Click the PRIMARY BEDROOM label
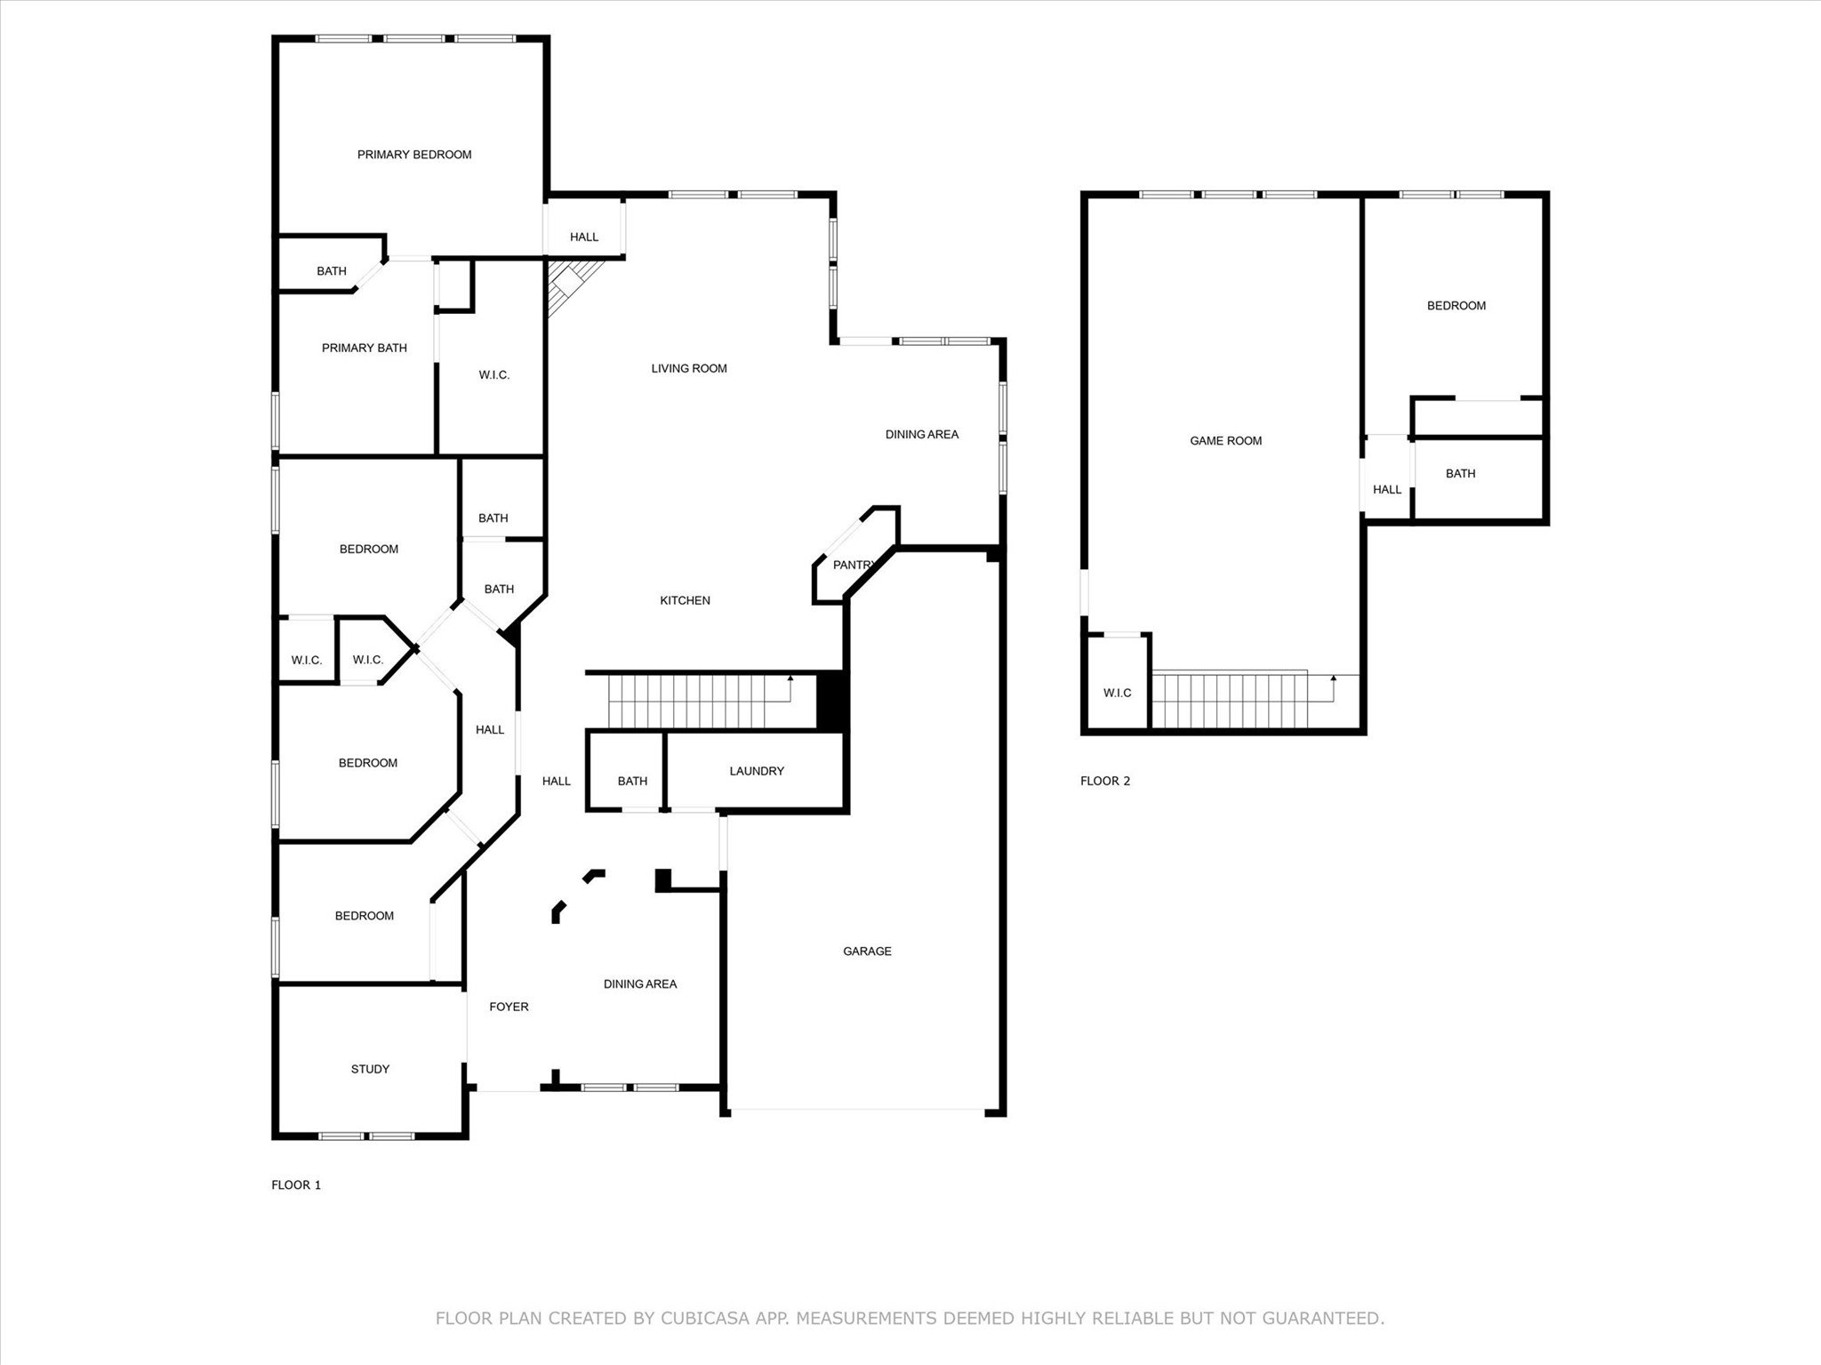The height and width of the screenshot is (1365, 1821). [x=414, y=155]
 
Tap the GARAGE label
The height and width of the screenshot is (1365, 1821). [x=867, y=951]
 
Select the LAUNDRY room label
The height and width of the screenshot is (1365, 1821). [x=757, y=771]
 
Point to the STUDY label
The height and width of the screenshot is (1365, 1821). [x=370, y=1069]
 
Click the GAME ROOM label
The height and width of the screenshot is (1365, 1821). [x=1226, y=441]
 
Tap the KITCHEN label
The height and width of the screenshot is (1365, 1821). [x=685, y=600]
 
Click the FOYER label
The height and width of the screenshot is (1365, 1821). [x=509, y=1007]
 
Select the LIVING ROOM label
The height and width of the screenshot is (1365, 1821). [x=689, y=368]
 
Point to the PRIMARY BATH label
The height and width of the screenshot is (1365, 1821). [x=365, y=348]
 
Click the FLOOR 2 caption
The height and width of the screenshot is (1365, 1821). [x=1105, y=781]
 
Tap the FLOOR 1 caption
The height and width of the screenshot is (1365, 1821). [x=296, y=1184]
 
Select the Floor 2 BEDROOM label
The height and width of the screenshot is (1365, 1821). [x=1456, y=306]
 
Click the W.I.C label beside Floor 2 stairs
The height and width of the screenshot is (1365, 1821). [x=1118, y=693]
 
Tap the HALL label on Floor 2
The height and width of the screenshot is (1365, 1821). [x=1387, y=489]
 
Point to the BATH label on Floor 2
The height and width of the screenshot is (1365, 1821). [x=1461, y=473]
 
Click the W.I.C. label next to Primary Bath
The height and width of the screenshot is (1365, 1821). [x=494, y=375]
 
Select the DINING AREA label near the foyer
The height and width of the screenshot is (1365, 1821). [x=640, y=984]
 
